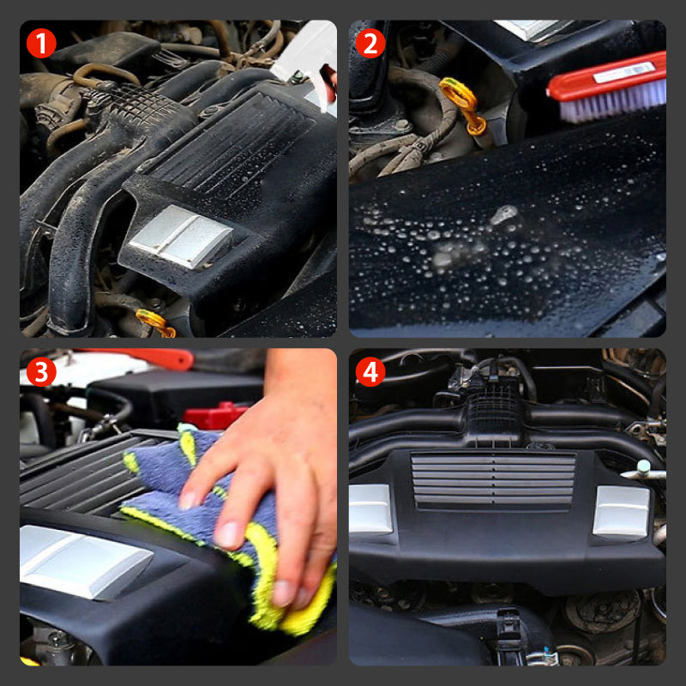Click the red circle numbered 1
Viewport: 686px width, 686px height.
(x=42, y=42)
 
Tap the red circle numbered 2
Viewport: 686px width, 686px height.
(x=370, y=42)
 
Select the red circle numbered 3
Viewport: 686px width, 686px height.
(x=42, y=371)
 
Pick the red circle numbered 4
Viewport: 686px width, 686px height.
(x=370, y=371)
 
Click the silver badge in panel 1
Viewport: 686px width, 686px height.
(x=180, y=236)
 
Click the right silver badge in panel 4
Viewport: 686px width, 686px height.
(x=621, y=511)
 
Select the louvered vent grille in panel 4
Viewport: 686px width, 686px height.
(x=492, y=480)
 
